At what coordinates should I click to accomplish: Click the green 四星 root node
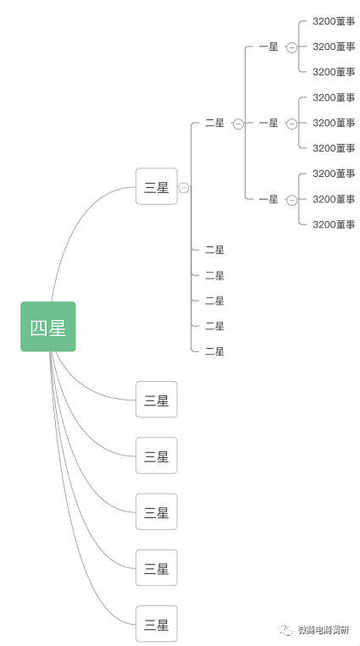[48, 327]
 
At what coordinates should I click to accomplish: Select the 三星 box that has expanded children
[157, 187]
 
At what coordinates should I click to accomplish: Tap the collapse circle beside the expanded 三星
[184, 188]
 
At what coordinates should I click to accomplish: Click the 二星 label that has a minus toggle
[214, 123]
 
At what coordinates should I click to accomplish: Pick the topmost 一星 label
[269, 47]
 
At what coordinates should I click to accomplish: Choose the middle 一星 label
[269, 123]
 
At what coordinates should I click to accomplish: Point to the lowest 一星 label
[269, 199]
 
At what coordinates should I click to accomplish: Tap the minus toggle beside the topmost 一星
[292, 47]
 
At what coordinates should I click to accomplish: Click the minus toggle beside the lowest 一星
[292, 200]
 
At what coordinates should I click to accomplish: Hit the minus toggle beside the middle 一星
[292, 124]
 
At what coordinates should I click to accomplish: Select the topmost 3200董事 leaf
[334, 21]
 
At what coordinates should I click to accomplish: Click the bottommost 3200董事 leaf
[334, 224]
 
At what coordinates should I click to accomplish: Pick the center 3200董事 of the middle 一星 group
[334, 123]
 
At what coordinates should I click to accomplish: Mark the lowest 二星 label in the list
[214, 351]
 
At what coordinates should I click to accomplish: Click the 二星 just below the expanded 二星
[214, 250]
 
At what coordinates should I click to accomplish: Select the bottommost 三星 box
[157, 626]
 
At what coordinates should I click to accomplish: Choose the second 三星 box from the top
[157, 400]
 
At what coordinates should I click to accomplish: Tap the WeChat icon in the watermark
[282, 630]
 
